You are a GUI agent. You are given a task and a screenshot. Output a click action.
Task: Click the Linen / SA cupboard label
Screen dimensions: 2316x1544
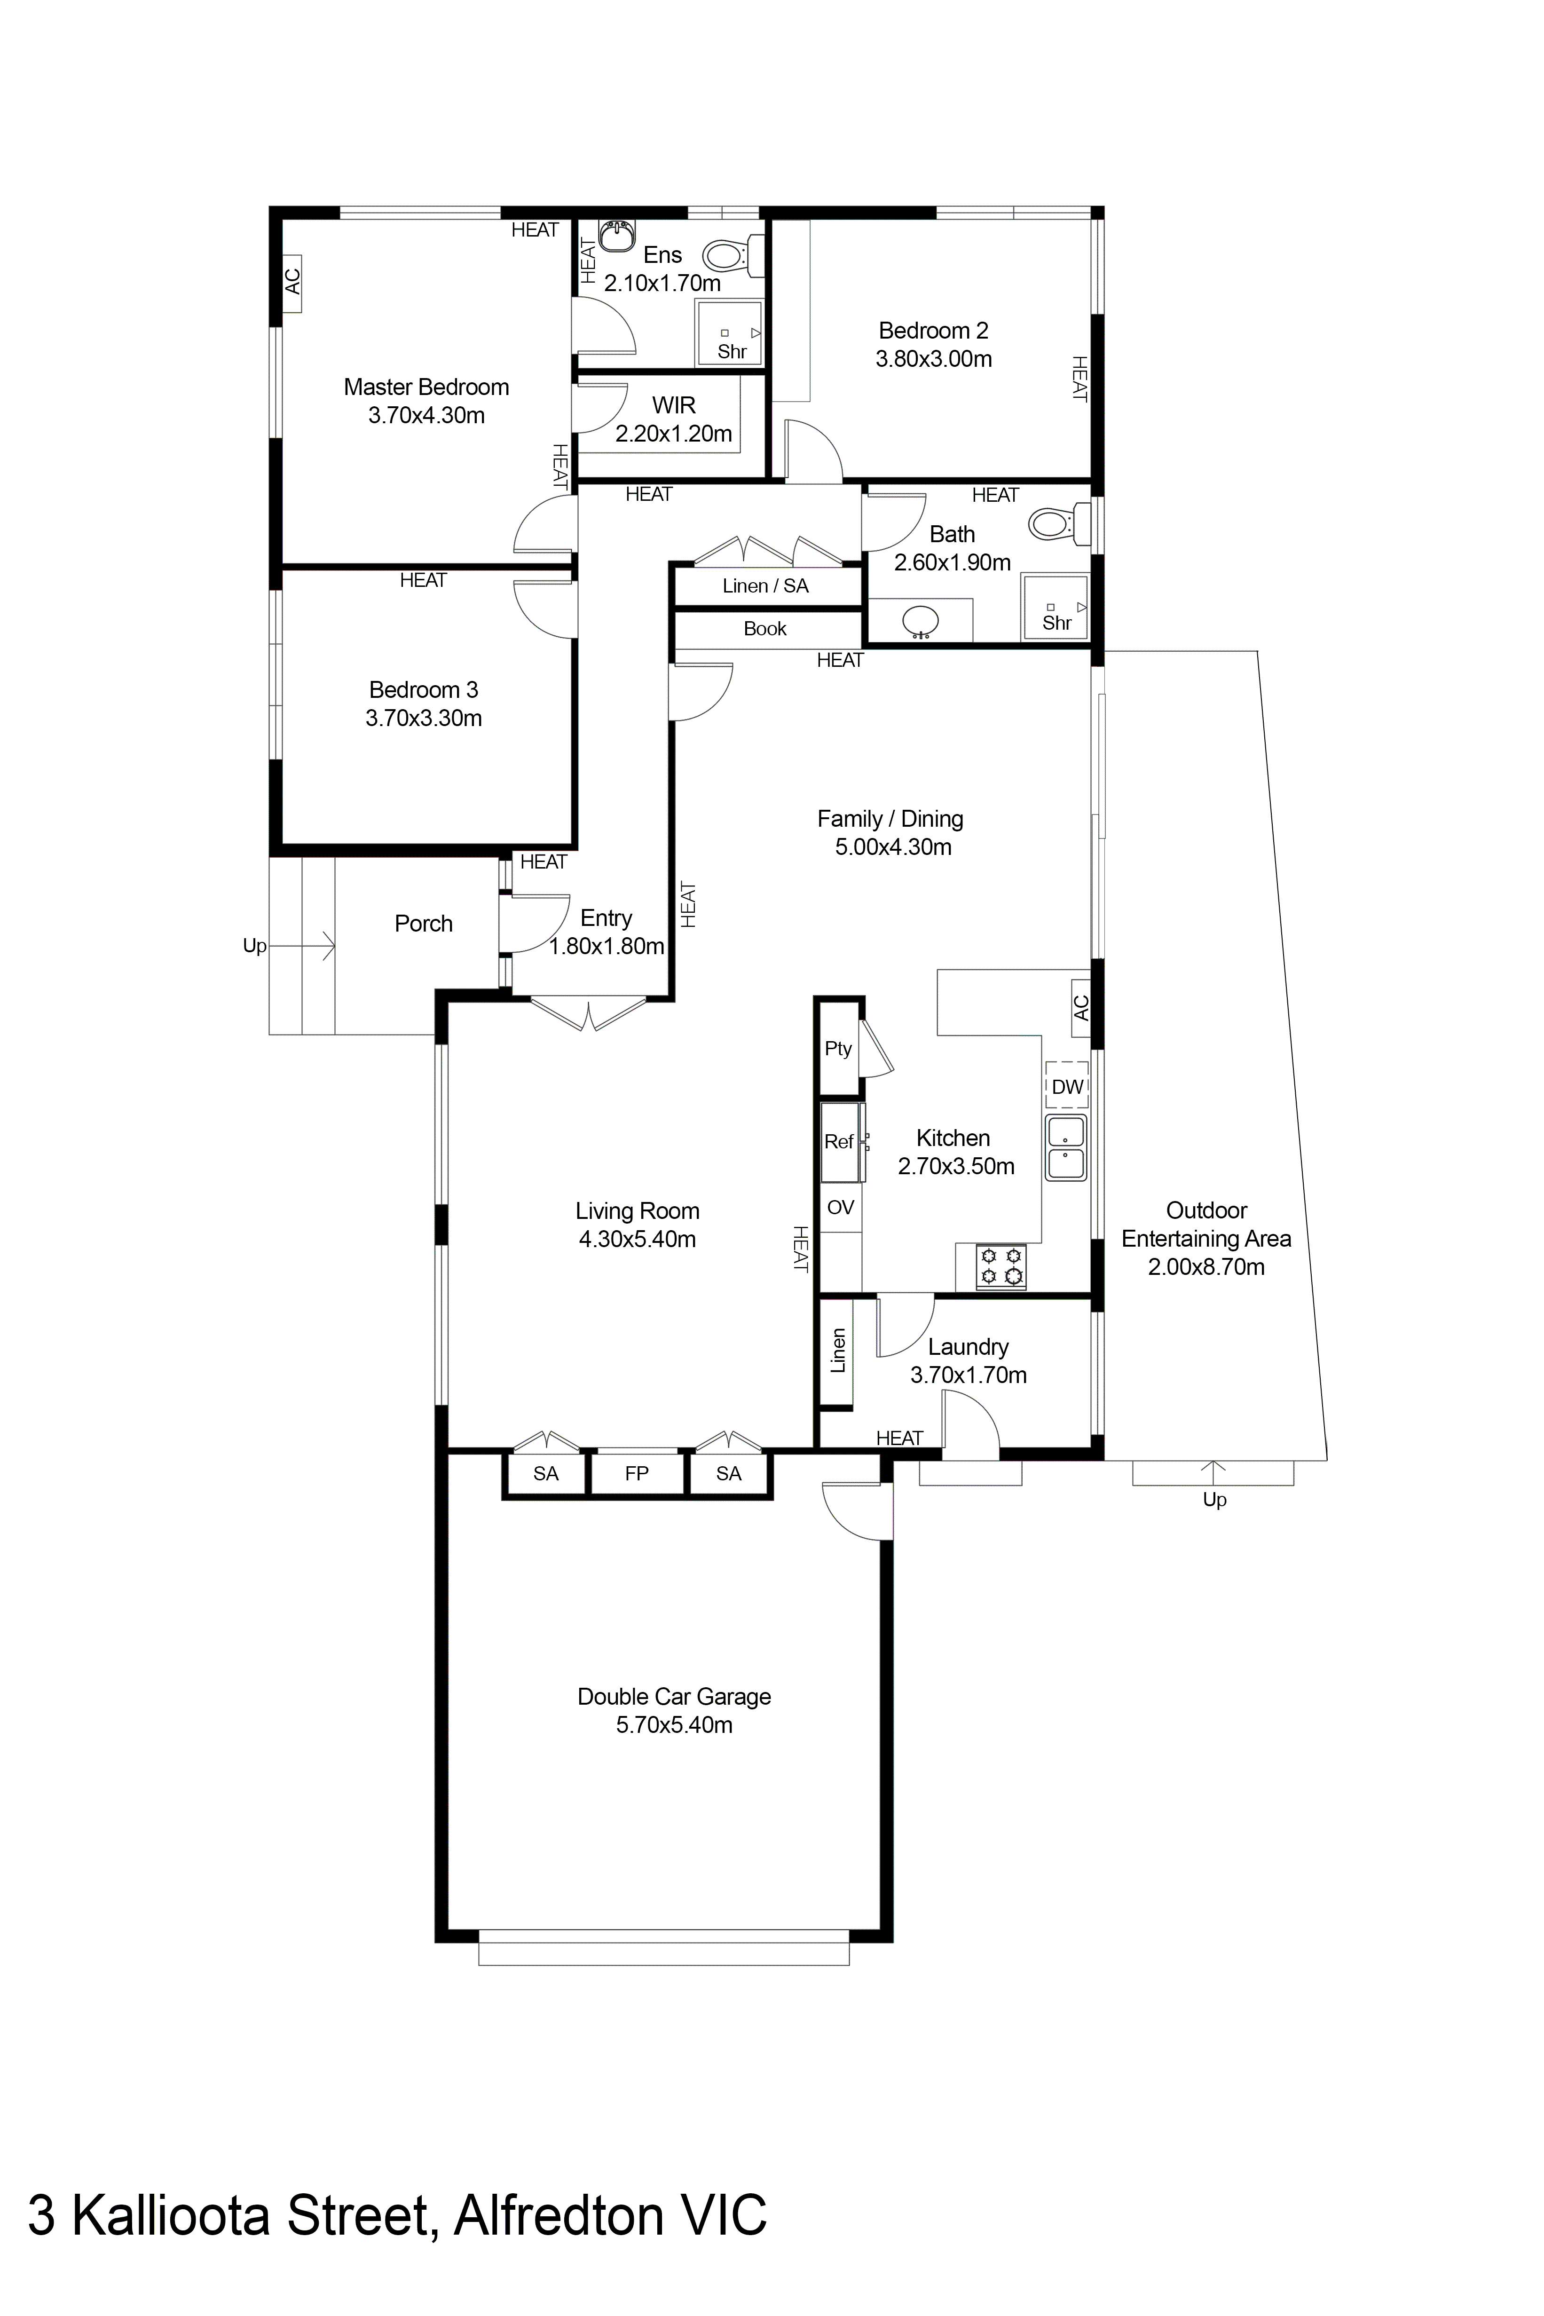click(765, 586)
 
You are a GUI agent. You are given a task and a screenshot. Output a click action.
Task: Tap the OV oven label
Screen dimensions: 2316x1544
click(840, 1207)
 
